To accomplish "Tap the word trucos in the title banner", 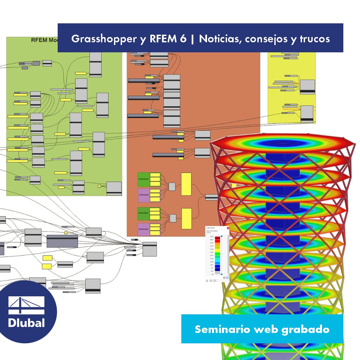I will (314, 39).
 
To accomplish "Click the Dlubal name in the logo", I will (26, 323).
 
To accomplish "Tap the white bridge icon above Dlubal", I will (26, 305).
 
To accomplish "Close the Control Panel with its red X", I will (228, 228).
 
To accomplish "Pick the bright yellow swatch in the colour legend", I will (217, 249).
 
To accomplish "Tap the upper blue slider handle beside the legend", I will (222, 236).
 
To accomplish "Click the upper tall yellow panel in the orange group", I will (186, 184).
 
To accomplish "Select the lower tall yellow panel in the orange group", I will (186, 219).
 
